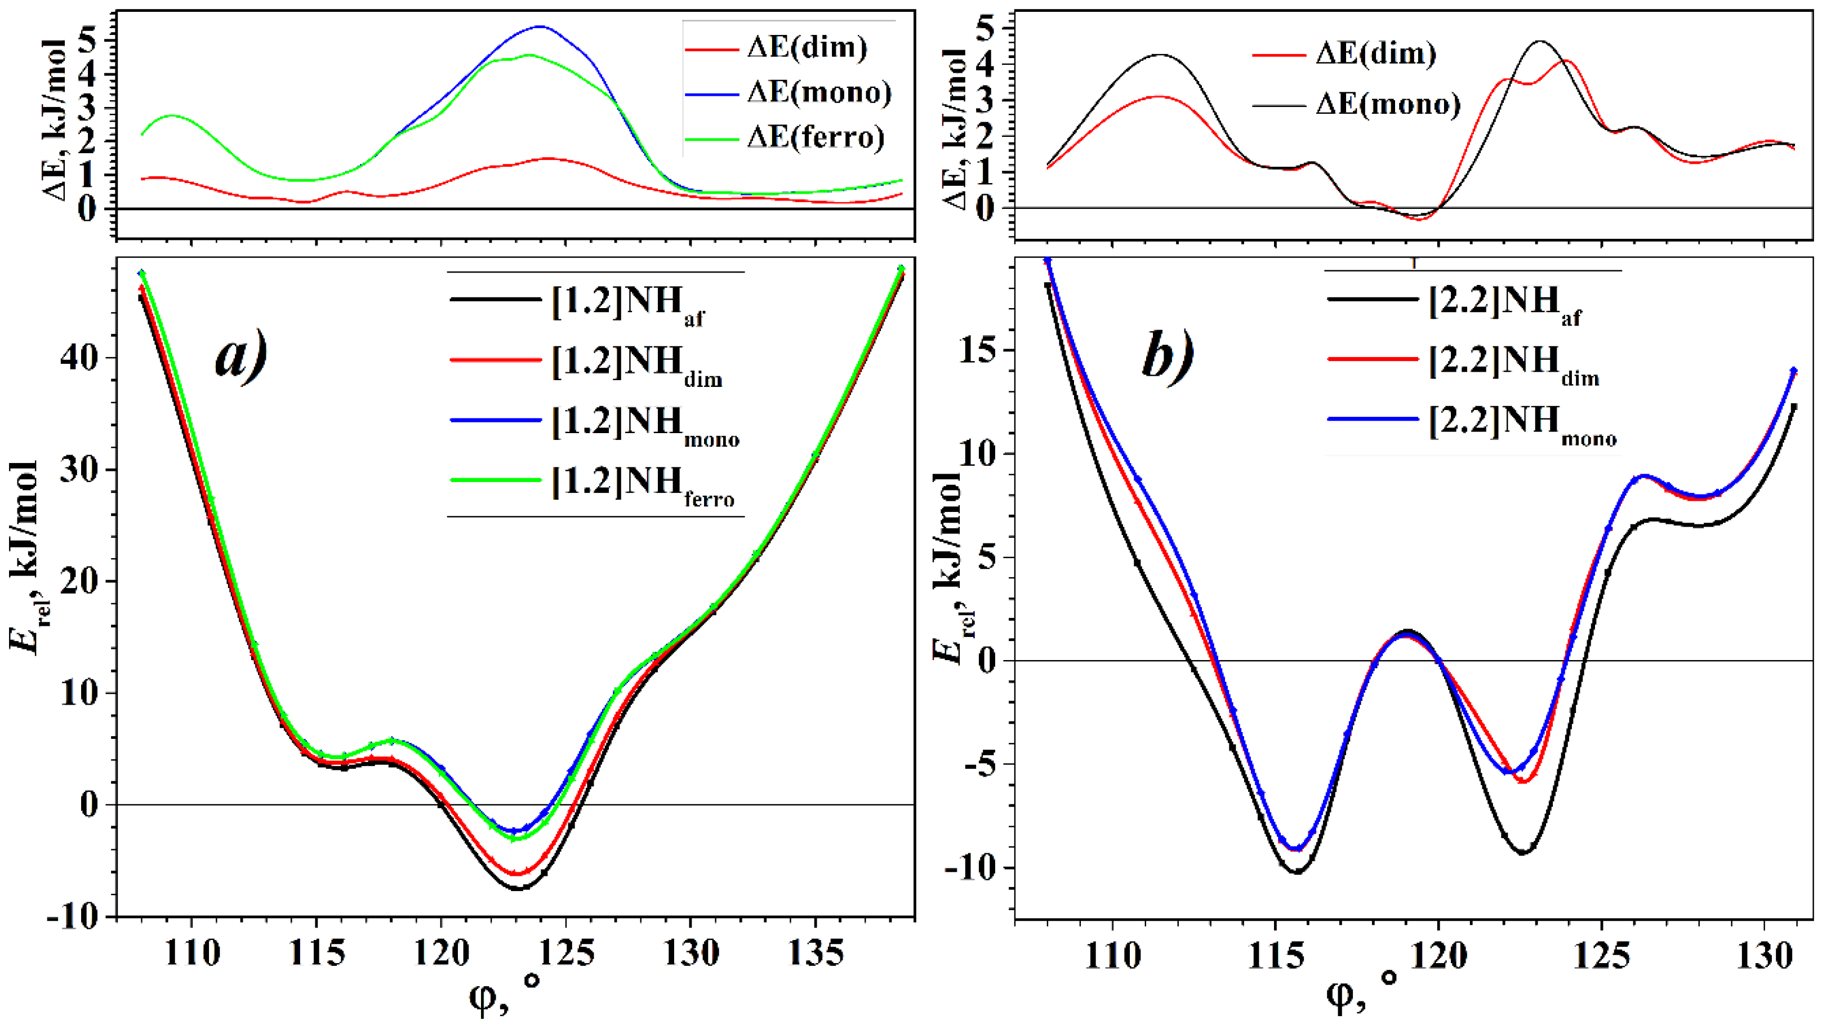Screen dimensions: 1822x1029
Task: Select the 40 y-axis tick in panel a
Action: [80, 358]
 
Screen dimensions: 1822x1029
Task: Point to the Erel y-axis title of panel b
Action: [952, 566]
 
